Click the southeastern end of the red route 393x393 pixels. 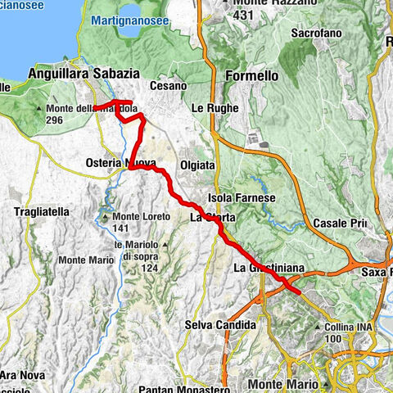coord(300,291)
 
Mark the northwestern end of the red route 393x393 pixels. coord(95,107)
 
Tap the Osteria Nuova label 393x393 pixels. coord(120,164)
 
